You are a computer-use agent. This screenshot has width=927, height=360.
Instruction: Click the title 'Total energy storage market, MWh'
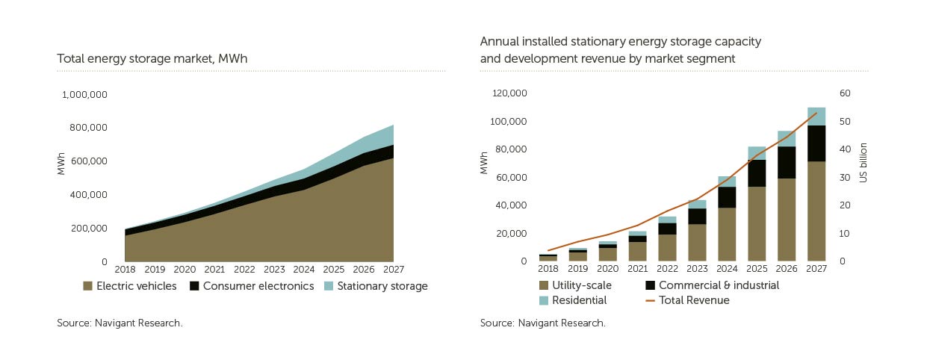[x=152, y=59]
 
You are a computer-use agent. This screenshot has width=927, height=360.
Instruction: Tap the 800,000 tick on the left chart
[x=88, y=128]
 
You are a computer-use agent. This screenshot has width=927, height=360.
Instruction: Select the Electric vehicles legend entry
[x=130, y=286]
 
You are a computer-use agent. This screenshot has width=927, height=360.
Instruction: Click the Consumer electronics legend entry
[x=252, y=286]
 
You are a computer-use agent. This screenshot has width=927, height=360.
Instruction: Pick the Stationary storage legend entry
[x=376, y=286]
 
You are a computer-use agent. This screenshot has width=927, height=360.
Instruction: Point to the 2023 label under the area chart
[x=274, y=270]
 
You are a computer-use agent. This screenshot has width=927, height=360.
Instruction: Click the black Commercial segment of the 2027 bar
[x=816, y=143]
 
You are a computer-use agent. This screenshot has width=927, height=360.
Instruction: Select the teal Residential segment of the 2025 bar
[x=757, y=153]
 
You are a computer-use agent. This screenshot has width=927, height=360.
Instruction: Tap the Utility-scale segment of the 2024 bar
[x=727, y=235]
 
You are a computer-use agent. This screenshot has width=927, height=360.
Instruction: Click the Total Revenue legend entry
[x=687, y=300]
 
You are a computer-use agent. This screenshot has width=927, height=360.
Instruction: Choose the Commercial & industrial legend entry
[x=712, y=285]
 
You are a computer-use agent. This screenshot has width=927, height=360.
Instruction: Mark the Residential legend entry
[x=573, y=300]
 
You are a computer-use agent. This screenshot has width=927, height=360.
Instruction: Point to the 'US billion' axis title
[x=863, y=163]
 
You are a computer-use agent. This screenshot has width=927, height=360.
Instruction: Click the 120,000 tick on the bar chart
[x=509, y=93]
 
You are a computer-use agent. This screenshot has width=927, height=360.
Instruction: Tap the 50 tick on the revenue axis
[x=845, y=121]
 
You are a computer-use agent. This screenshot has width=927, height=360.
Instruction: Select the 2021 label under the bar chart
[x=637, y=269]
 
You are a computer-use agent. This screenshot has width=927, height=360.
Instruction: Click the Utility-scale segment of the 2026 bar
[x=787, y=220]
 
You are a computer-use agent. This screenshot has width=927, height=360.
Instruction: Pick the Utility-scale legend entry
[x=576, y=285]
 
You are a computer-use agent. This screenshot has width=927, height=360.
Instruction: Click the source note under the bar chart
[x=542, y=323]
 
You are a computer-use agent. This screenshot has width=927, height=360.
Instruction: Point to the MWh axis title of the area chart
[x=61, y=164]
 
